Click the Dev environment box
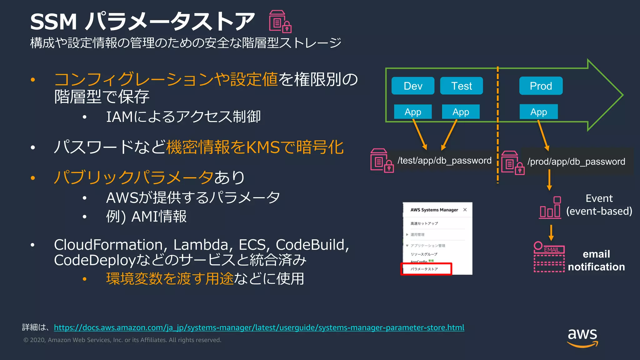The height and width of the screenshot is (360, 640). (413, 86)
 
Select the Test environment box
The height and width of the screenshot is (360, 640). (461, 86)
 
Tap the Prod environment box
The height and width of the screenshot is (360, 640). (541, 86)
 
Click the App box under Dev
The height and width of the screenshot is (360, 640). (413, 112)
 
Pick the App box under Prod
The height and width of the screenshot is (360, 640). (538, 112)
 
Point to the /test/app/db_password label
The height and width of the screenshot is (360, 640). (444, 161)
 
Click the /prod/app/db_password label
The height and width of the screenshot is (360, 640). (576, 162)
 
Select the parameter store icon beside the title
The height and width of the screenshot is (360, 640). (280, 22)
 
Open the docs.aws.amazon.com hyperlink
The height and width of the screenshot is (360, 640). (259, 327)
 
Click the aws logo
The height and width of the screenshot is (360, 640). (582, 337)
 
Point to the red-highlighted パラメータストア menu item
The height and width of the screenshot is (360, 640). (426, 269)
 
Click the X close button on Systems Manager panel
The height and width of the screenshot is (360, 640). (465, 210)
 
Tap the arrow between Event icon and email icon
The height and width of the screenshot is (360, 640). (551, 232)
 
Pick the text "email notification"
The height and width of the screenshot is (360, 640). (596, 260)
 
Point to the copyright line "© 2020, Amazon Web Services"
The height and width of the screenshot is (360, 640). (122, 340)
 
